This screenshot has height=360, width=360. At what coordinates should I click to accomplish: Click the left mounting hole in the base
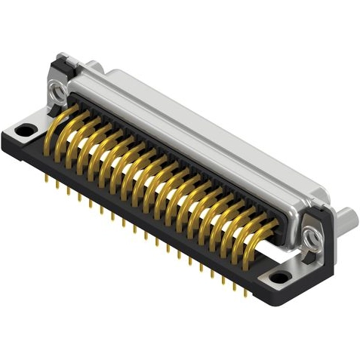[25, 131]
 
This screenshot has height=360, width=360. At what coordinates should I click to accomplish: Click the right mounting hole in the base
[280, 277]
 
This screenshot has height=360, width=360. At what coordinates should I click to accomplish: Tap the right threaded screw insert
[310, 240]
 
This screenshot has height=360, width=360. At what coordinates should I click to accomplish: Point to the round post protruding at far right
[346, 221]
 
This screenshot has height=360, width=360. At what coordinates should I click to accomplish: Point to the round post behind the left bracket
[91, 67]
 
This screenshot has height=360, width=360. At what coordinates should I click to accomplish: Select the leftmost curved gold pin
[64, 121]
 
